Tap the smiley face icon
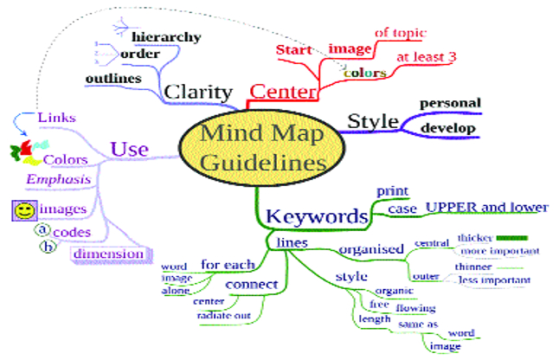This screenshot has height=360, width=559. [24, 210]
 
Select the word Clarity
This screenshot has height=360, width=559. [197, 93]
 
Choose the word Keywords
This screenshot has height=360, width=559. [316, 215]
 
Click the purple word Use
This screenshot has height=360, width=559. [129, 149]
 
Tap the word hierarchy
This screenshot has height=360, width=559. [166, 37]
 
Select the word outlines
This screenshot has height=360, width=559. [113, 79]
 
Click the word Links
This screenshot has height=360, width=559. [58, 117]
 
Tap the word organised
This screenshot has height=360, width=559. [370, 250]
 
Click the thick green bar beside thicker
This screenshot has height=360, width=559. [513, 237]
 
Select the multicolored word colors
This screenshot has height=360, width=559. [363, 74]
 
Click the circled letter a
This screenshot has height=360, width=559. [41, 231]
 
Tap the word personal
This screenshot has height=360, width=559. [450, 104]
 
